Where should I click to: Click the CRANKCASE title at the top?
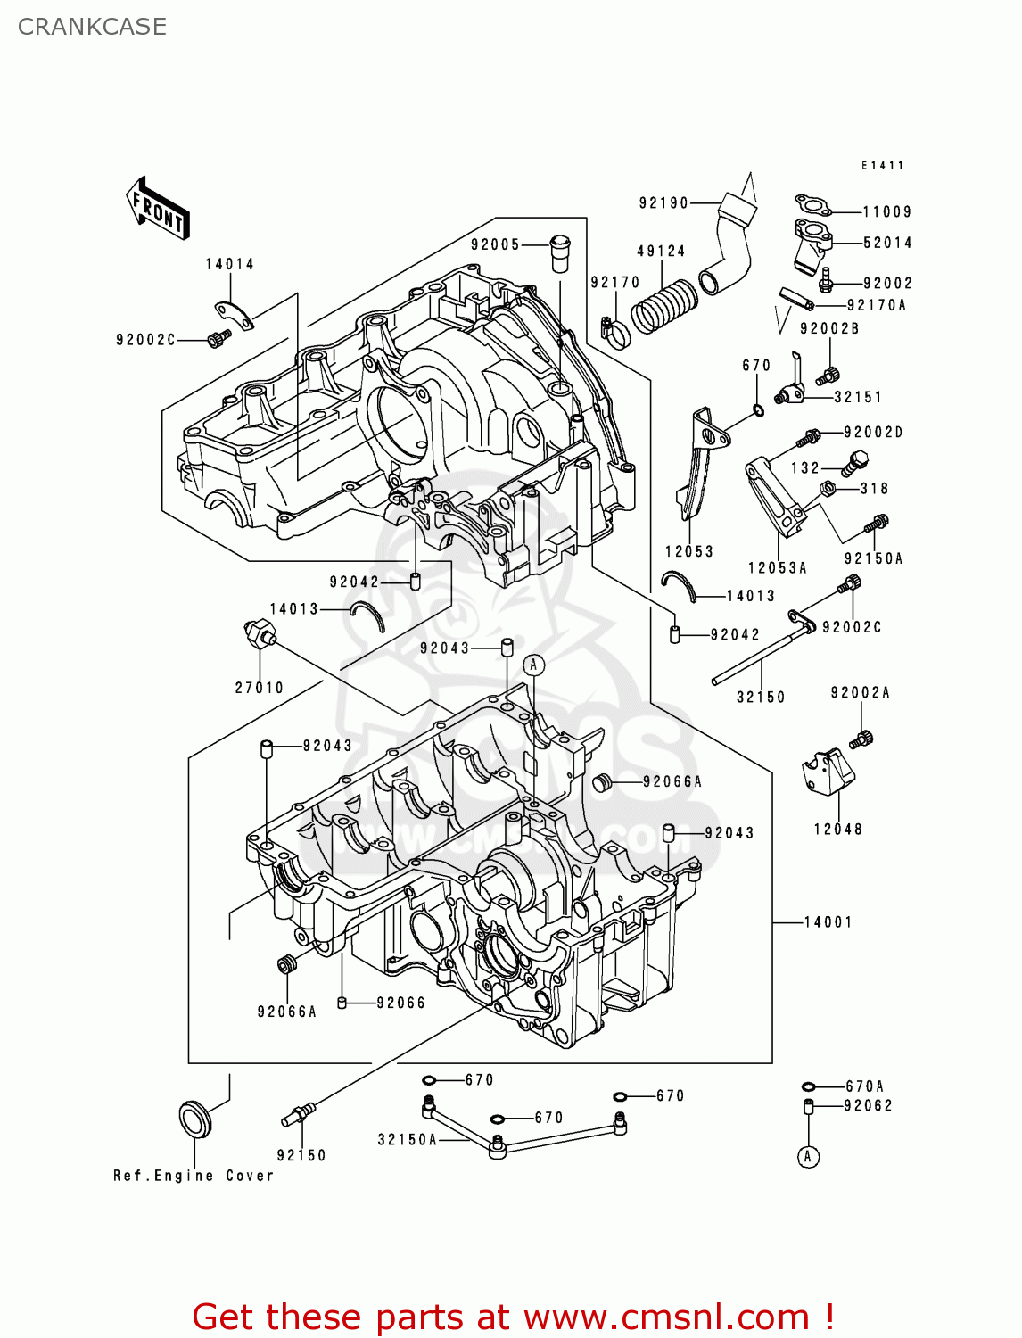[x=92, y=27]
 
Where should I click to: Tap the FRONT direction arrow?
[x=158, y=209]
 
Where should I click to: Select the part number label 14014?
[x=229, y=264]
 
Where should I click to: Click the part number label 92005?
[x=495, y=244]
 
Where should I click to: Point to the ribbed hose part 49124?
[x=663, y=306]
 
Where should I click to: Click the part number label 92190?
[x=663, y=203]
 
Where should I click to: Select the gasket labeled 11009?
[x=812, y=207]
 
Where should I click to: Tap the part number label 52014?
[x=887, y=243]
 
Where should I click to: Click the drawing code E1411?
[x=882, y=166]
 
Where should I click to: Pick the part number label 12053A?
[x=777, y=568]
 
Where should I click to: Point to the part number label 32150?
[x=761, y=698]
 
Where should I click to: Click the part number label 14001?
[x=828, y=922]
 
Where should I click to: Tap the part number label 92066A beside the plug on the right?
[x=672, y=782]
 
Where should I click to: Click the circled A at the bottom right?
[x=808, y=1157]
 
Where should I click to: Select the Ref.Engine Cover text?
[x=194, y=1176]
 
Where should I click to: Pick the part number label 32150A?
[x=408, y=1140]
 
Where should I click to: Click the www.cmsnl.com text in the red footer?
[x=665, y=1317]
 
